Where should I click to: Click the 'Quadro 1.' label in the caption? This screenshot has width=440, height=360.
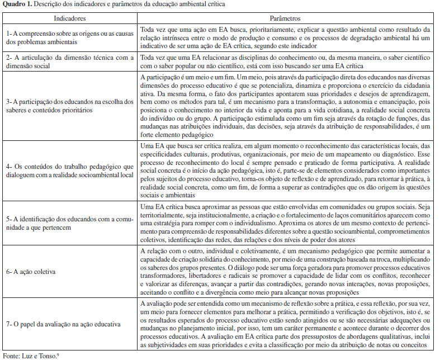[16, 5]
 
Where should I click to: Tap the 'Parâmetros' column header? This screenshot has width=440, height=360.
[286, 18]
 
